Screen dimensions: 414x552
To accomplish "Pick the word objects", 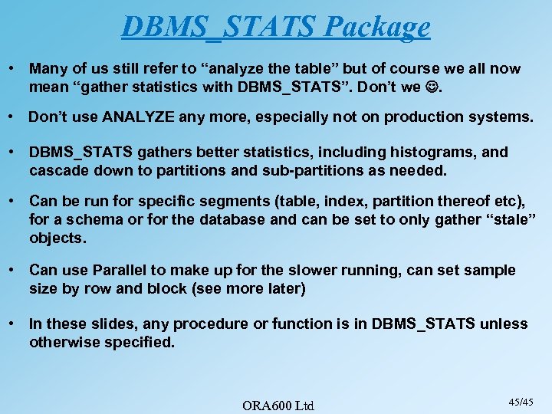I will coord(57,238).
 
